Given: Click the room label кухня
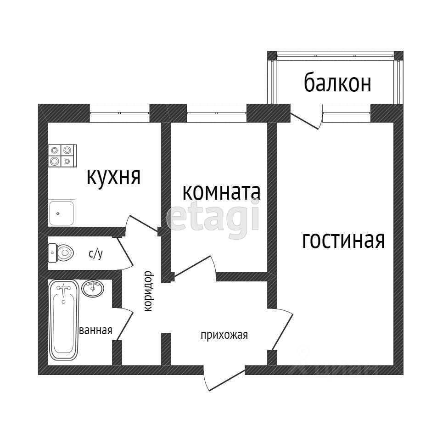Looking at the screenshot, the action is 113,176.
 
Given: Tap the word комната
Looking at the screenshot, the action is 221,192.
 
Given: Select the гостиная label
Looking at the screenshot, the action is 343,240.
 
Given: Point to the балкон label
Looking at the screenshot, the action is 337,84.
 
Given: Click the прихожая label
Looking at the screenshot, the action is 224,335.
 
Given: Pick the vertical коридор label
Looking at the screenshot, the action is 148,291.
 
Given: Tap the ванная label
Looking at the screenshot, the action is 96,331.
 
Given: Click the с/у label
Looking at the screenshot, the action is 95,254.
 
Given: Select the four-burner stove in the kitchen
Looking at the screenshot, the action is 62,155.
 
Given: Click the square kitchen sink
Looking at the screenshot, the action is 62,213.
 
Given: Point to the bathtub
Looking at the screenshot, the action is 64,320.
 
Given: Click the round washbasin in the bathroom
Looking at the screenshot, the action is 93,288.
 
